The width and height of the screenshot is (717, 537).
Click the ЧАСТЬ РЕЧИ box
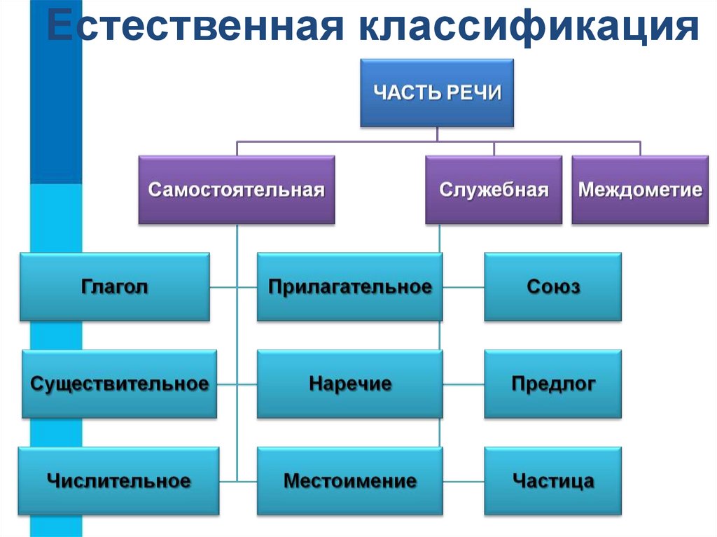point(437,92)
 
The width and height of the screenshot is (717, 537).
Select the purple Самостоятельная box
point(237,190)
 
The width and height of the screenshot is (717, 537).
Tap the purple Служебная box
point(494,190)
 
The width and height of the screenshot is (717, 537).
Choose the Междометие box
point(640,190)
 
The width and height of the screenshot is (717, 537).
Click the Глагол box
point(114,287)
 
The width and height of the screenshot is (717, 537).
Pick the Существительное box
point(119,384)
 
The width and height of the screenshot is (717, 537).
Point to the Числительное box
point(118,481)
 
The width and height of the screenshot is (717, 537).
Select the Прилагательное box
point(349,287)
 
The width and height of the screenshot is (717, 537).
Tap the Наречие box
point(349,384)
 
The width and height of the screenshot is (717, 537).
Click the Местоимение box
point(349,481)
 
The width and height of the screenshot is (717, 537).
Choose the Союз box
point(552,287)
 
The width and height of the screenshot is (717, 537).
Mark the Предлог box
point(552,384)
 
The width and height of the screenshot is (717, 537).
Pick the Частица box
point(552,481)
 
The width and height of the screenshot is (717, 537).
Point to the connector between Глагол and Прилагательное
point(233,287)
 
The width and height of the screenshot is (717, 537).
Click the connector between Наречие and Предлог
point(463,384)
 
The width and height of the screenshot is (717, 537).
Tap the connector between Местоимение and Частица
point(463,482)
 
